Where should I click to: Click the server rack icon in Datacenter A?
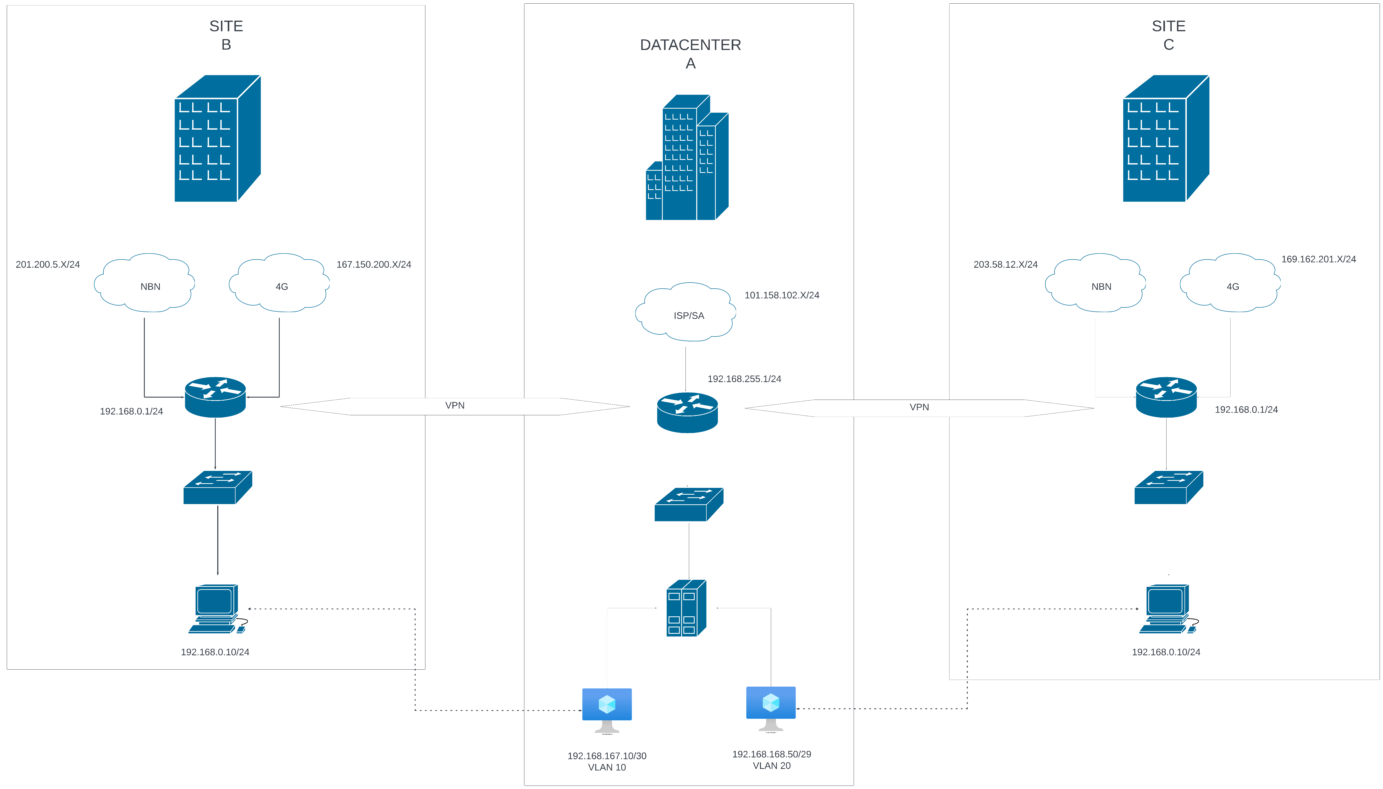(x=686, y=608)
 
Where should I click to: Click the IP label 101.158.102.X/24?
(x=781, y=295)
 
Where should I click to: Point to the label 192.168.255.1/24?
(x=744, y=379)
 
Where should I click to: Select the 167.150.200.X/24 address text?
(x=373, y=265)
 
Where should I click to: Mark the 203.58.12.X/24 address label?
(x=1005, y=265)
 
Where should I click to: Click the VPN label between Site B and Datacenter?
(x=454, y=405)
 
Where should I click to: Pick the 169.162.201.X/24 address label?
(x=1318, y=259)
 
